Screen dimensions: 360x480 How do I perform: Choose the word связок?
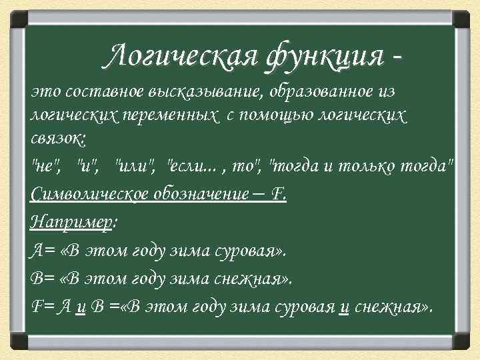click(57, 138)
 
